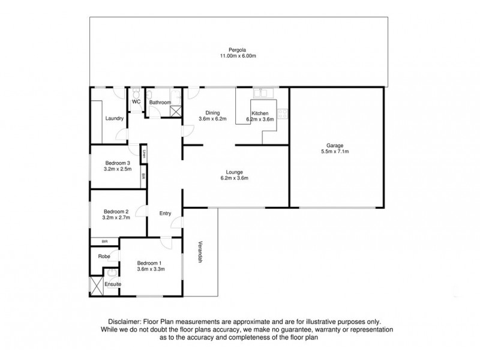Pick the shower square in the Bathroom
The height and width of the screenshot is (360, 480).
click(x=175, y=110)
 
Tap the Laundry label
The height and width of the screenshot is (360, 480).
click(x=114, y=118)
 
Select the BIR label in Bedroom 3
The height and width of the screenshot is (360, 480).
click(x=143, y=176)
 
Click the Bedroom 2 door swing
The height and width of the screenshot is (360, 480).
click(x=139, y=211)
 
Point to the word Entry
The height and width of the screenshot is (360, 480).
click(x=165, y=213)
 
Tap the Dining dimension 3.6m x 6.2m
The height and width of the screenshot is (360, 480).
click(x=212, y=119)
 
